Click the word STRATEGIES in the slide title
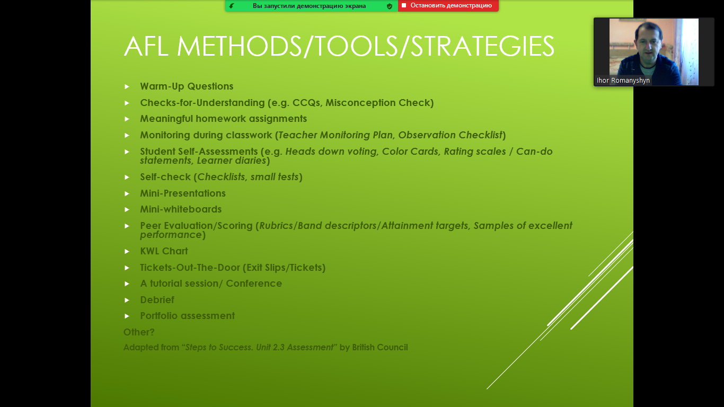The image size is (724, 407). tap(482, 47)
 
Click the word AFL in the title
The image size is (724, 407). tap(146, 46)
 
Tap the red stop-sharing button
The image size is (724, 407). tap(448, 5)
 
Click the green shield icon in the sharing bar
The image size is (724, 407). tap(390, 6)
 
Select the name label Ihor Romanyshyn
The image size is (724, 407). tap(623, 80)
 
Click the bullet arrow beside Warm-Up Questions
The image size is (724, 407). tap(127, 86)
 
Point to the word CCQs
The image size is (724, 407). tap(306, 103)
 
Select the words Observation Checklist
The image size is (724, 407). tap(451, 135)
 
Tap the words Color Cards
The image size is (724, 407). tap(410, 151)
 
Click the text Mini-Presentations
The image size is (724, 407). tap(183, 193)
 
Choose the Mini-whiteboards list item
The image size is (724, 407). tap(181, 209)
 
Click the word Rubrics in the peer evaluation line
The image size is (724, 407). tap(276, 226)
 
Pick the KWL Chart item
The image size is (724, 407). tap(164, 251)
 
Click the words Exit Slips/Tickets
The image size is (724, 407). tap(284, 267)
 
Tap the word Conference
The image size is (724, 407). tap(254, 284)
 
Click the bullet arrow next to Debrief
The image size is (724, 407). tap(127, 300)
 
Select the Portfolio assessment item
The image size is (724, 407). tap(188, 316)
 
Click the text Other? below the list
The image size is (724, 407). tap(139, 332)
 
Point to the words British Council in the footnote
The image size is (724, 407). tap(380, 347)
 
